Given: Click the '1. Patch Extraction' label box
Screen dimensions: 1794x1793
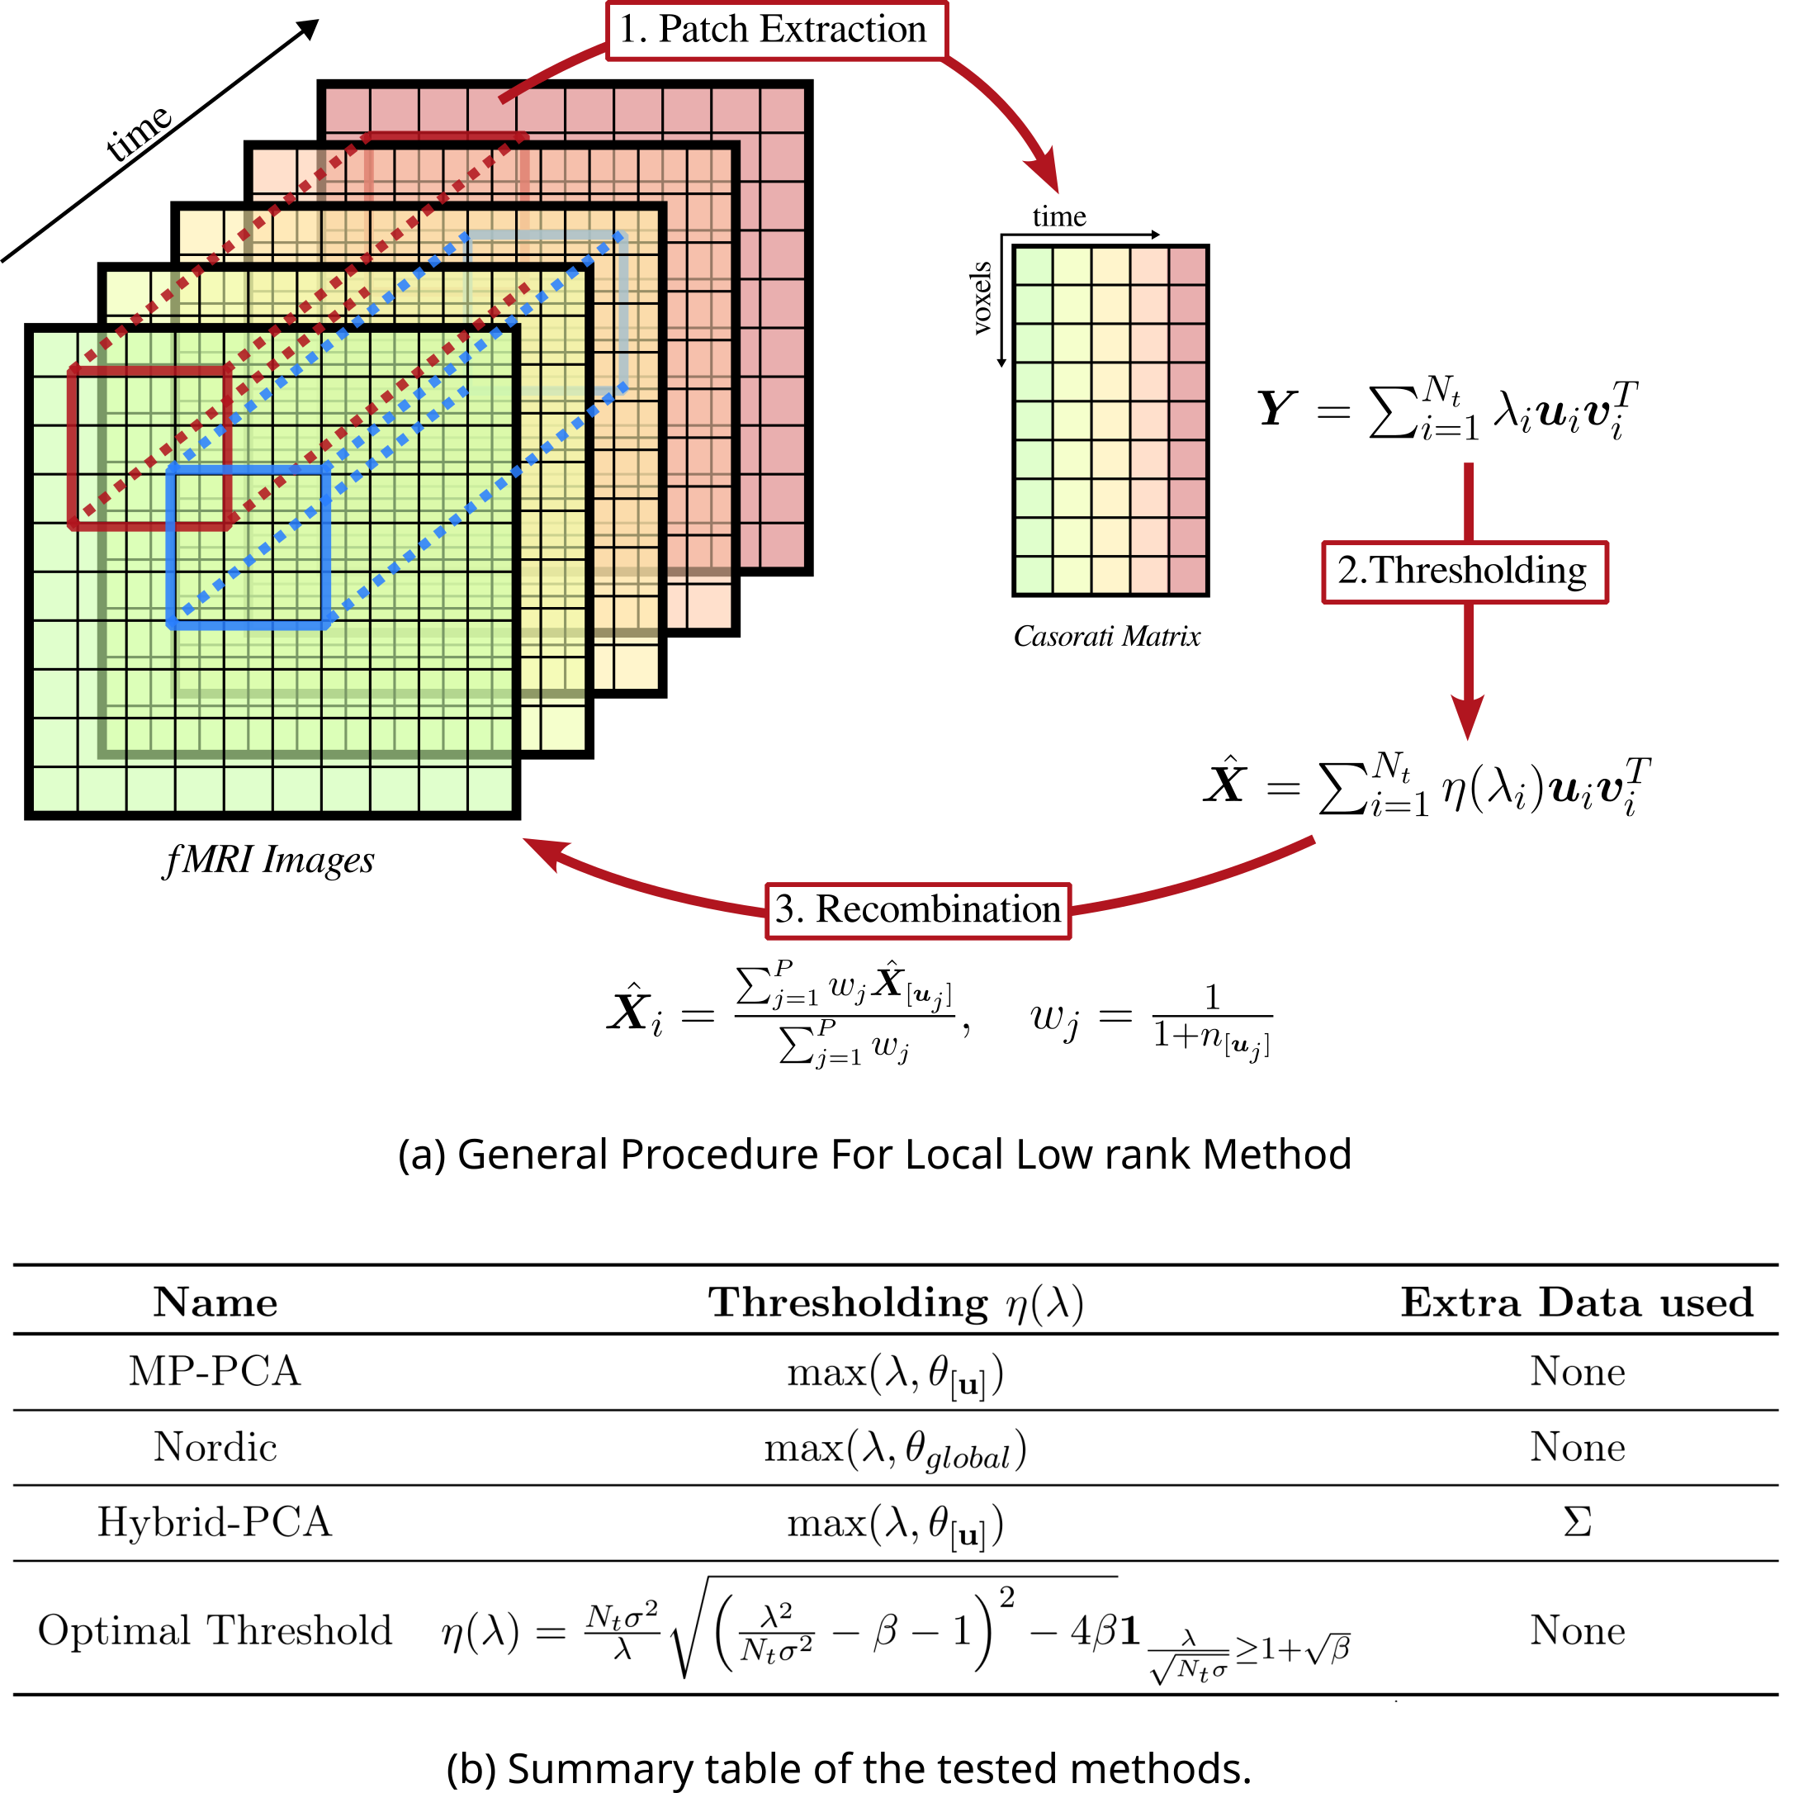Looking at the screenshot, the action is [777, 31].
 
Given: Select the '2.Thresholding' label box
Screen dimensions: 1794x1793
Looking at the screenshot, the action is [1465, 572].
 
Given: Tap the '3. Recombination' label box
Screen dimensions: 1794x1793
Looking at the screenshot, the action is [917, 910].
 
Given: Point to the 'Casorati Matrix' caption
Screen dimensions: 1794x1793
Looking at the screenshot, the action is [1107, 637].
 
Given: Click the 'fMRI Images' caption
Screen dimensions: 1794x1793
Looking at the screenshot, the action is [268, 861].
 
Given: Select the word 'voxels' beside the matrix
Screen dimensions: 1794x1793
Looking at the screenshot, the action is [981, 297].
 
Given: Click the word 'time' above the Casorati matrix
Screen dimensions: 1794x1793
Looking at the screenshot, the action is [1058, 216].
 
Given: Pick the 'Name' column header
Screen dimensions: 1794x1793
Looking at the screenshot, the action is [215, 1302].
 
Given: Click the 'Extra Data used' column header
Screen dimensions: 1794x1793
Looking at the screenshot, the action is [1577, 1302].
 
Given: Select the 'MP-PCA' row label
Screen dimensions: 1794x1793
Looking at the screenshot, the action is [215, 1371].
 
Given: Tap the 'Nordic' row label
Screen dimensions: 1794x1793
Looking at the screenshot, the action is [215, 1448].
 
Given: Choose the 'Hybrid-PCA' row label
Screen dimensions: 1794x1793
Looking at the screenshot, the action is [215, 1523].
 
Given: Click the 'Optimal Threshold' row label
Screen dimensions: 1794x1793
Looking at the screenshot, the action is [215, 1630].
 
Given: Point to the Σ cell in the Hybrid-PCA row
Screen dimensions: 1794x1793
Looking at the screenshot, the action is [1578, 1522].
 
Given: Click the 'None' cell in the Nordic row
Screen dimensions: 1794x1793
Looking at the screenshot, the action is [1578, 1448].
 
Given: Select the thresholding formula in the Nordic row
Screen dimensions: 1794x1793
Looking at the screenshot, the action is [895, 1449].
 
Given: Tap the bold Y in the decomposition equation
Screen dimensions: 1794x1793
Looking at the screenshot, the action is [1277, 409].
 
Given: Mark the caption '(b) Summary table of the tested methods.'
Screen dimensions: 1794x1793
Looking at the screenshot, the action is [849, 1768].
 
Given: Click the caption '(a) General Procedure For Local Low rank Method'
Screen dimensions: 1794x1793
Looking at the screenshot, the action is [873, 1155].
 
